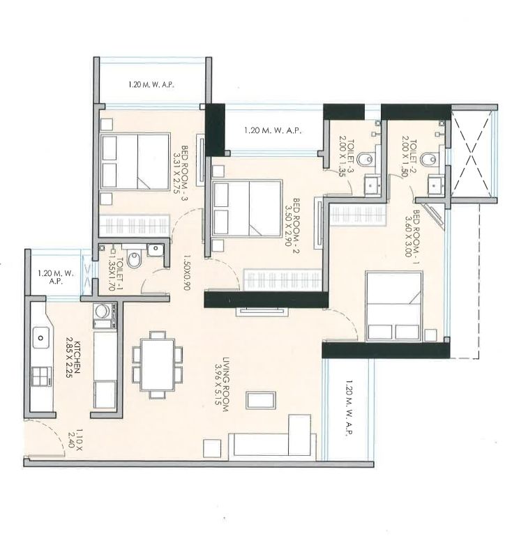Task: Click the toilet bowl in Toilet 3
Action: [x=369, y=160]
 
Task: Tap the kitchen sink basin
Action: [x=40, y=339]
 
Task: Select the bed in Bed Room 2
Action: [x=248, y=209]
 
